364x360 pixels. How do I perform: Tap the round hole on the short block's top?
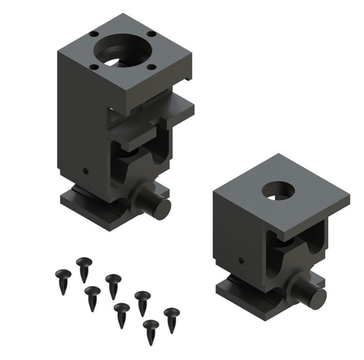click(x=279, y=191)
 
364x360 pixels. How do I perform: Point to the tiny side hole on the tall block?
click(x=85, y=171)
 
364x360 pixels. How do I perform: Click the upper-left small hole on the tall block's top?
click(x=93, y=33)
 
